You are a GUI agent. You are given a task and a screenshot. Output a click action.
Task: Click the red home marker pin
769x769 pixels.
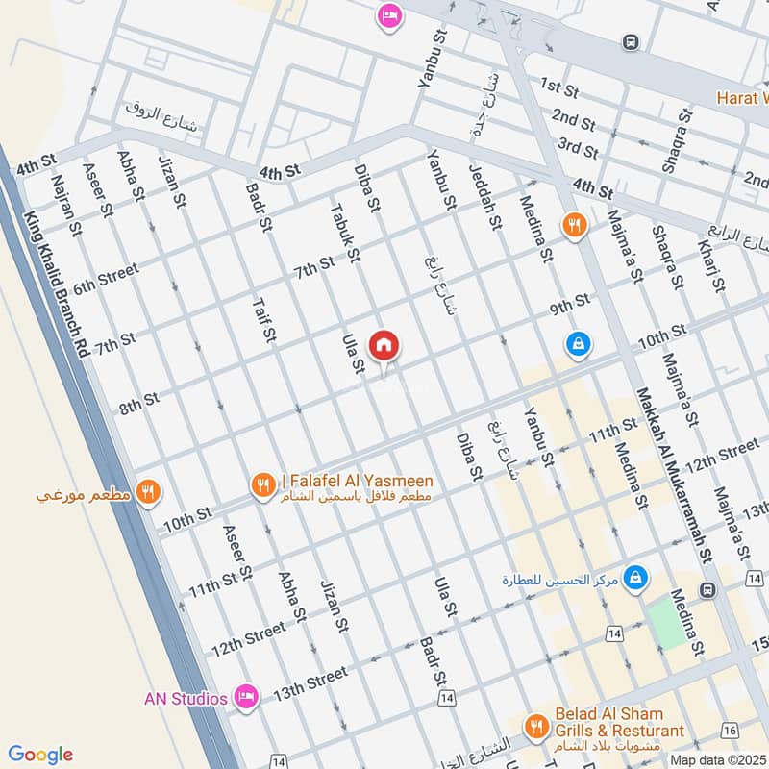[384, 345]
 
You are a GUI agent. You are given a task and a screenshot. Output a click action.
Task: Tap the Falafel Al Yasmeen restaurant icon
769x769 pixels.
[261, 486]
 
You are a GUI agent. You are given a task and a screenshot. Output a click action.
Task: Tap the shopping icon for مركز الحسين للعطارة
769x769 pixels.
[634, 579]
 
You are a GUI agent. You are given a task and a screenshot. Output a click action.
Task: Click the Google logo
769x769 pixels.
[41, 755]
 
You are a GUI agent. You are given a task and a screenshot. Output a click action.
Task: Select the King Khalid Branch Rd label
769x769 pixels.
[56, 285]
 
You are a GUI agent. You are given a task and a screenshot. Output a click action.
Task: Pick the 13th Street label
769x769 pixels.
[310, 679]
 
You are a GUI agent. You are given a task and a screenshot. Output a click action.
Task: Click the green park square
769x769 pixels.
[666, 620]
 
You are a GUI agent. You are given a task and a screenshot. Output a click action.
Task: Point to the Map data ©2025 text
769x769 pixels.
[716, 759]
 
